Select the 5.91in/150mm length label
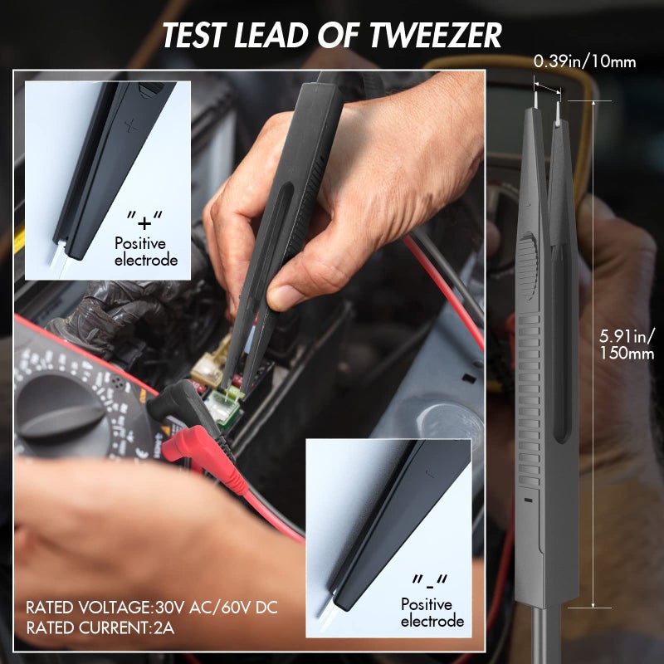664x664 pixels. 627,344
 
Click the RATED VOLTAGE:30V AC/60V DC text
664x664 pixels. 152,607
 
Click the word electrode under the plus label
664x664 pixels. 146,260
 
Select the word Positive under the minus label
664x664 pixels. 427,604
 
